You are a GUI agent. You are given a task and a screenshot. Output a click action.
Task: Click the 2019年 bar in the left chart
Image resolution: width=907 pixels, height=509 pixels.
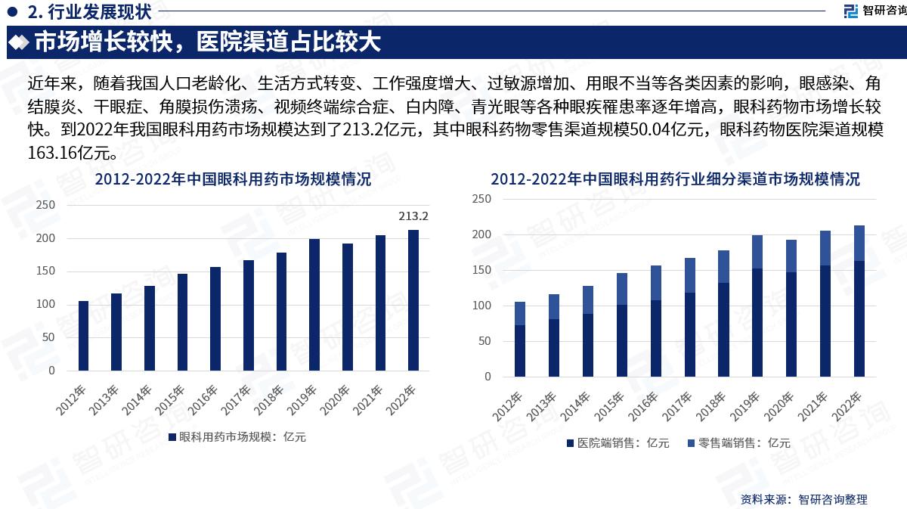point(314,305)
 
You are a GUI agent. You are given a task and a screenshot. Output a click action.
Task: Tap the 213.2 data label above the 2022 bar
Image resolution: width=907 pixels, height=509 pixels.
point(413,216)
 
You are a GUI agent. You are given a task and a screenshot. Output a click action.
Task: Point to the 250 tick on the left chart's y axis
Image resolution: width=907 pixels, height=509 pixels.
point(47,206)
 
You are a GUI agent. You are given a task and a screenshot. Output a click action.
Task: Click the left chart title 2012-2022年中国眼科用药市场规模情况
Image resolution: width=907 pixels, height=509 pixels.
point(233,180)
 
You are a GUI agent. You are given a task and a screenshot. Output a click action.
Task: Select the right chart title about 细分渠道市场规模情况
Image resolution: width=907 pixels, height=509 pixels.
point(674,180)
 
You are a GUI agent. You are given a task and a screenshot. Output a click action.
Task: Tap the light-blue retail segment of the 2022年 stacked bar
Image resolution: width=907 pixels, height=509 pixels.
point(859,243)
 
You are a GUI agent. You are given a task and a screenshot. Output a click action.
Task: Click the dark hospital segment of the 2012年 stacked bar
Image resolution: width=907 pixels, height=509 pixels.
point(520,351)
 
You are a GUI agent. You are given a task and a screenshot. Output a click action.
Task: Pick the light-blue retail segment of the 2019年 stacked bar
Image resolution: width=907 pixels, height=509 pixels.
point(757,252)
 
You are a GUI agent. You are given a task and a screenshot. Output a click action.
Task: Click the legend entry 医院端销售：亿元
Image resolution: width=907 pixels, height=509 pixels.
point(618,443)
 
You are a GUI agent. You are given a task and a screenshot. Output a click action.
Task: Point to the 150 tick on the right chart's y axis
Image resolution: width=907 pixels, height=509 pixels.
point(481,270)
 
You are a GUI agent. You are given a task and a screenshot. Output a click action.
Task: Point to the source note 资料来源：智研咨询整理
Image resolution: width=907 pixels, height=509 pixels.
point(803,499)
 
